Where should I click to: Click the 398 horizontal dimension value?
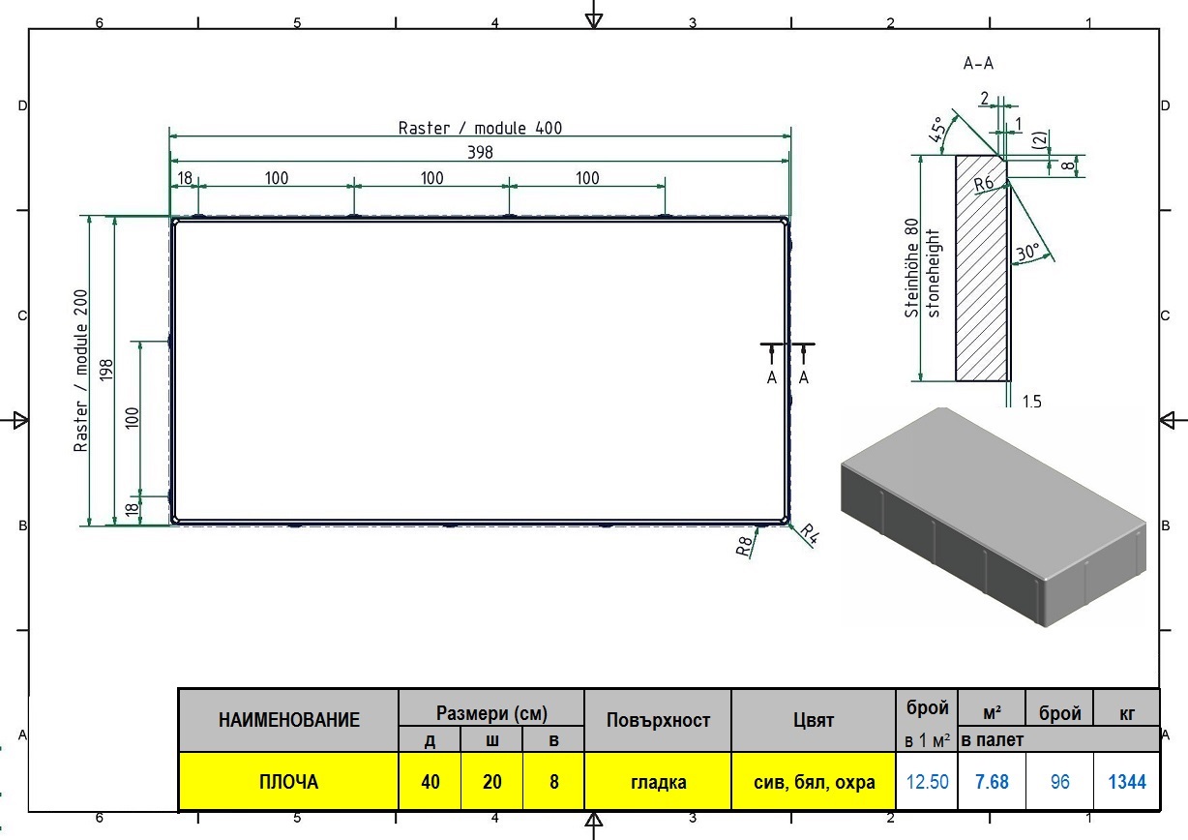480,152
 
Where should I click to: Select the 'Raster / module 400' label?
480,128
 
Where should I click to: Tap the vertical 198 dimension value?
106,370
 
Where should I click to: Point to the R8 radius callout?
744,546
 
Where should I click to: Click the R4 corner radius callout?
809,534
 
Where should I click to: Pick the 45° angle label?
937,130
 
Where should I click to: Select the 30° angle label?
1027,252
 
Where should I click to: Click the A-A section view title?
978,64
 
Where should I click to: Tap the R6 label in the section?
983,184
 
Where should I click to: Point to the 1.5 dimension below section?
1031,402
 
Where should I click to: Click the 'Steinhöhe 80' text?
911,268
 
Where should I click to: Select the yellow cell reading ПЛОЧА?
288,781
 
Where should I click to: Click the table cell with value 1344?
1126,781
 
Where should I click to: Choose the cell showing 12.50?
927,781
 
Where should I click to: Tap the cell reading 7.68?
992,781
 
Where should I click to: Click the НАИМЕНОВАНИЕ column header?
288,720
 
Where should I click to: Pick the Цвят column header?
814,720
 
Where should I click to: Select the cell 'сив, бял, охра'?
814,781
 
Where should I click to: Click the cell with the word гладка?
658,781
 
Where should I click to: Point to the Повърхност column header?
658,720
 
